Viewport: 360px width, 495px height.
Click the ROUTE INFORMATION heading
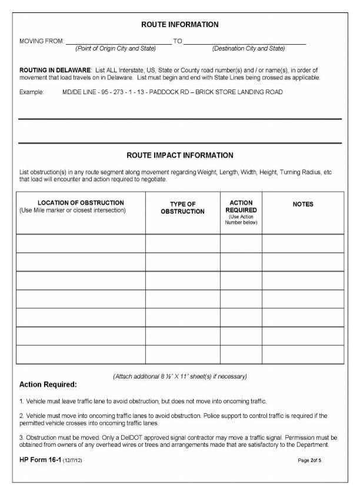click(179, 25)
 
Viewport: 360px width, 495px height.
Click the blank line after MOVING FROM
click(118, 41)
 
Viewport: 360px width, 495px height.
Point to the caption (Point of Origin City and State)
click(115, 48)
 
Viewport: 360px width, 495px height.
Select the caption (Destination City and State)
click(248, 48)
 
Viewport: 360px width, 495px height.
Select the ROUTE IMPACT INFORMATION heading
click(179, 155)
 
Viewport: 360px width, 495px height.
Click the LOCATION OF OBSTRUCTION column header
click(81, 203)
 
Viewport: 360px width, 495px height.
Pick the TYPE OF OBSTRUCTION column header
click(182, 208)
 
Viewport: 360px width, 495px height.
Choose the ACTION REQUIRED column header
click(241, 206)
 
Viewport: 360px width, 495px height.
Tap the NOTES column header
click(303, 204)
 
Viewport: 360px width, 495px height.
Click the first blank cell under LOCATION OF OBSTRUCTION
click(81, 243)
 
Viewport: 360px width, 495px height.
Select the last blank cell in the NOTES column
click(303, 354)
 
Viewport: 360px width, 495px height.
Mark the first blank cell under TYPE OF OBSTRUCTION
click(182, 243)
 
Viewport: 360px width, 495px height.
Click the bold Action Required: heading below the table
click(48, 384)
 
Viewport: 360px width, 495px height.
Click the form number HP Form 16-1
click(40, 459)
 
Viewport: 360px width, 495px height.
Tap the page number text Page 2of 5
click(309, 460)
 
